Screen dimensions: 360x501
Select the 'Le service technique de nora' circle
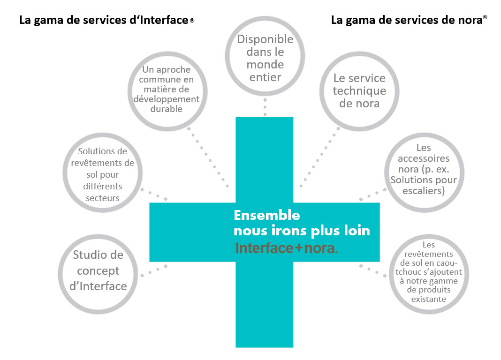359,91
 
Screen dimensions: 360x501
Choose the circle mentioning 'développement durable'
167,89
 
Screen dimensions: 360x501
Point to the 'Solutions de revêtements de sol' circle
102,174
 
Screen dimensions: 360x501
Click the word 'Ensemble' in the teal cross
266,215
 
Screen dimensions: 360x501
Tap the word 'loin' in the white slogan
356,231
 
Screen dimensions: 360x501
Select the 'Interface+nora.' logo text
286,248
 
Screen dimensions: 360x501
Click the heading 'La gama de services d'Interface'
104,21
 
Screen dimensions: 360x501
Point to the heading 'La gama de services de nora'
406,20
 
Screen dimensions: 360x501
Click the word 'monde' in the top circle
265,64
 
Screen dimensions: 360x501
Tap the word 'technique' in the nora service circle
359,91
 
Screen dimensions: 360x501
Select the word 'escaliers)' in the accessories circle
424,191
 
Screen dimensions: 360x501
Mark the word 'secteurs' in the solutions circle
102,198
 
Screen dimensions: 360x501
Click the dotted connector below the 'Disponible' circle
265,106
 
